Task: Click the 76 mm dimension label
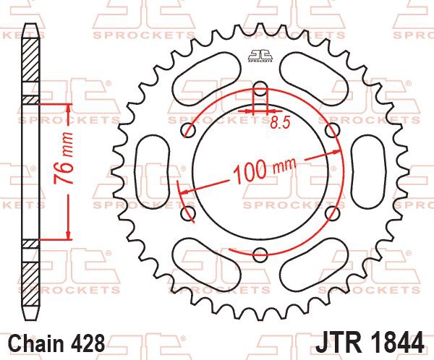click(63, 158)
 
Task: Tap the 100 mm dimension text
click(264, 170)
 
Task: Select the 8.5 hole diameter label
click(280, 123)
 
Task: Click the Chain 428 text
click(57, 343)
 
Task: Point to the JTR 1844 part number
click(370, 343)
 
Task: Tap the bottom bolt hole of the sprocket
click(260, 254)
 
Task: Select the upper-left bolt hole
click(189, 130)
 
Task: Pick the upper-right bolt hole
click(333, 130)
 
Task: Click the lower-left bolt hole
click(188, 213)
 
